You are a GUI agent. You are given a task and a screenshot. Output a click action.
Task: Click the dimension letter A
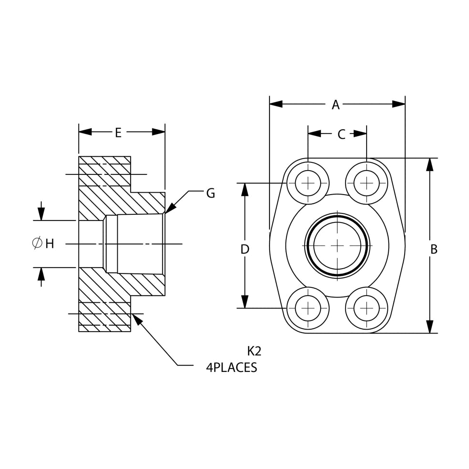tap(335, 105)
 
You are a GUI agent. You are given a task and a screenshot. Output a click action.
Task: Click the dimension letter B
tap(433, 249)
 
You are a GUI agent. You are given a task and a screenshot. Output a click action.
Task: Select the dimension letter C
tap(341, 135)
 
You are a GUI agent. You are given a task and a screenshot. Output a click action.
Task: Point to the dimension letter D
tap(245, 249)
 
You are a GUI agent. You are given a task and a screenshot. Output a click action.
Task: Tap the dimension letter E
tap(118, 133)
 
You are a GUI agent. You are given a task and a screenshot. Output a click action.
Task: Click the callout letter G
tap(210, 193)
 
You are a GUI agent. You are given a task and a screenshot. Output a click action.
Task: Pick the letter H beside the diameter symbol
tap(49, 244)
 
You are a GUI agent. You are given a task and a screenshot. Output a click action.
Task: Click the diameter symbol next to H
tap(37, 244)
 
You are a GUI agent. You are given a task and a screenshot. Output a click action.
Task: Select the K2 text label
tap(254, 351)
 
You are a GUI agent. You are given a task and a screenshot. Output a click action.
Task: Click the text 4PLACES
tap(232, 368)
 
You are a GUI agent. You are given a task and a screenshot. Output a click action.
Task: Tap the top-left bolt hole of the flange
tap(308, 183)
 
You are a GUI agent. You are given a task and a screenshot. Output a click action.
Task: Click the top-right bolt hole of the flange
tap(366, 183)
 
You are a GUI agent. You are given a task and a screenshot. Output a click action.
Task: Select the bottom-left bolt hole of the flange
tap(308, 308)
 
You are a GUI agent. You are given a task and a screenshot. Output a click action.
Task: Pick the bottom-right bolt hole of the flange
tap(366, 308)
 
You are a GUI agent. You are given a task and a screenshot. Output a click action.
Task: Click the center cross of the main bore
tap(337, 246)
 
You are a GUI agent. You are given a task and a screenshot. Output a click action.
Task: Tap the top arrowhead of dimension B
tap(430, 164)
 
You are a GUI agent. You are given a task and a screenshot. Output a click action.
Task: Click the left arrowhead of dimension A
tap(276, 104)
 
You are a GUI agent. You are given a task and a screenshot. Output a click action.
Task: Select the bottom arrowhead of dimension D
tap(245, 302)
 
